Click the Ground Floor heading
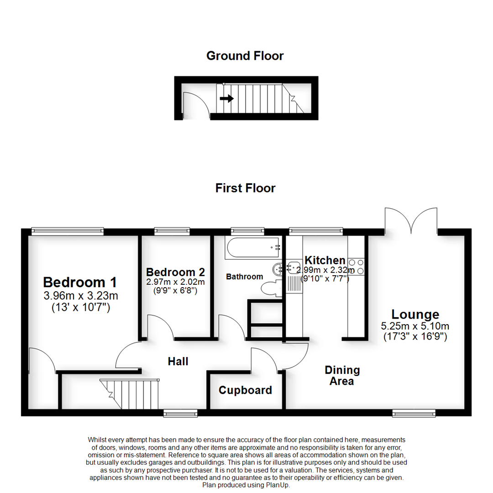[x=245, y=56]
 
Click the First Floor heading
[x=246, y=188]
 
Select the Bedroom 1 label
[x=80, y=282]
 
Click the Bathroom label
[x=245, y=277]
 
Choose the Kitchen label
[x=325, y=261]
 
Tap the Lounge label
[x=415, y=315]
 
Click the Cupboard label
[x=245, y=390]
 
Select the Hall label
[x=178, y=362]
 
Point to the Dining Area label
[x=342, y=375]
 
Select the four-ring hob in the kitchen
[x=357, y=267]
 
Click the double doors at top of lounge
[x=411, y=221]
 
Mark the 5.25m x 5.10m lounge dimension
[x=415, y=326]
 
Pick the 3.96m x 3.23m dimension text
[x=80, y=296]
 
